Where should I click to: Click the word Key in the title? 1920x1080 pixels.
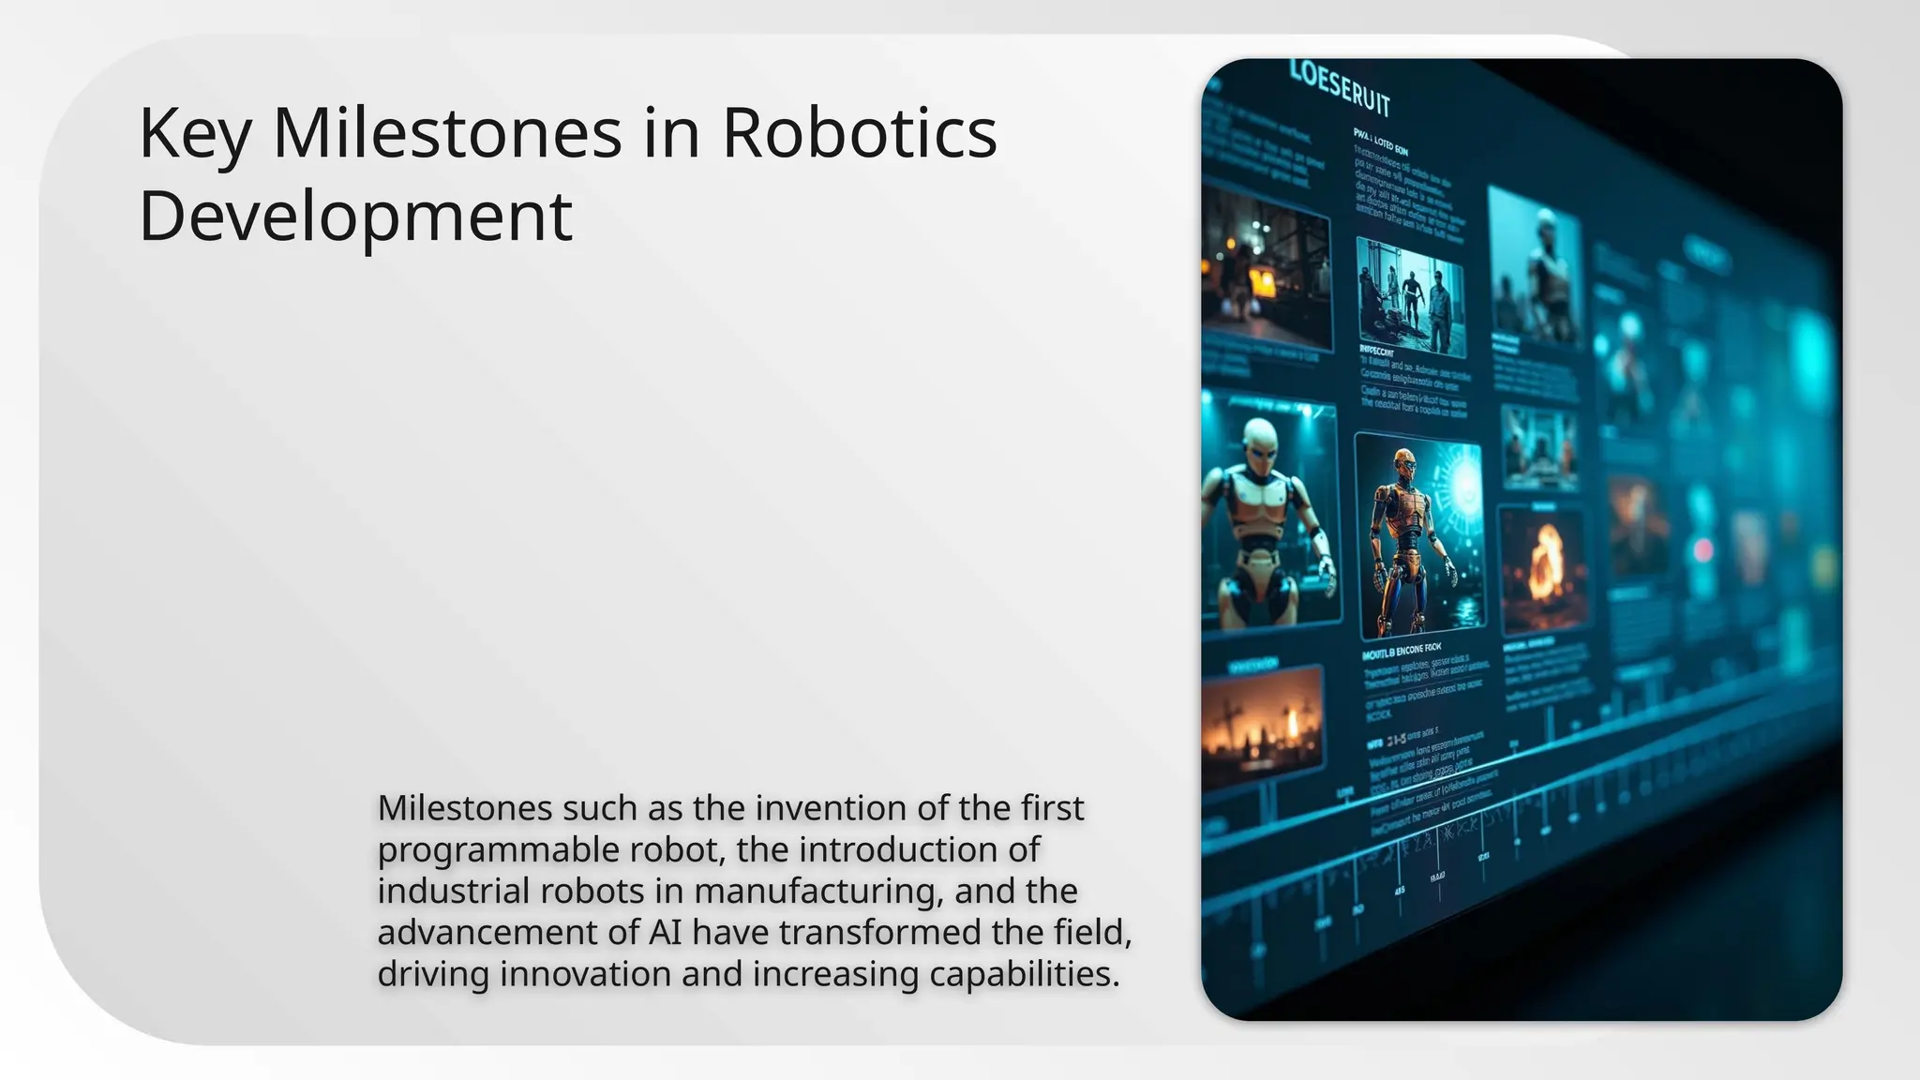tap(195, 134)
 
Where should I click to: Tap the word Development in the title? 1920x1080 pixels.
tap(355, 217)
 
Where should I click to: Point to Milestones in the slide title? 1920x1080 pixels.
tap(447, 134)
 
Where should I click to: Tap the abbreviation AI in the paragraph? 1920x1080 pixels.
tap(665, 933)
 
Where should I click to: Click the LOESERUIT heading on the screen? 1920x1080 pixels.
tap(1341, 87)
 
